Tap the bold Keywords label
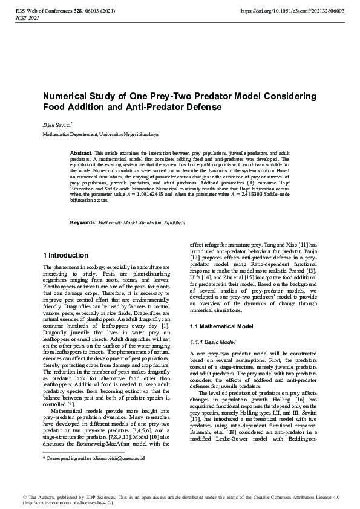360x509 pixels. [x=83, y=223]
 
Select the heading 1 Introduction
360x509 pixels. [x=66, y=255]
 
